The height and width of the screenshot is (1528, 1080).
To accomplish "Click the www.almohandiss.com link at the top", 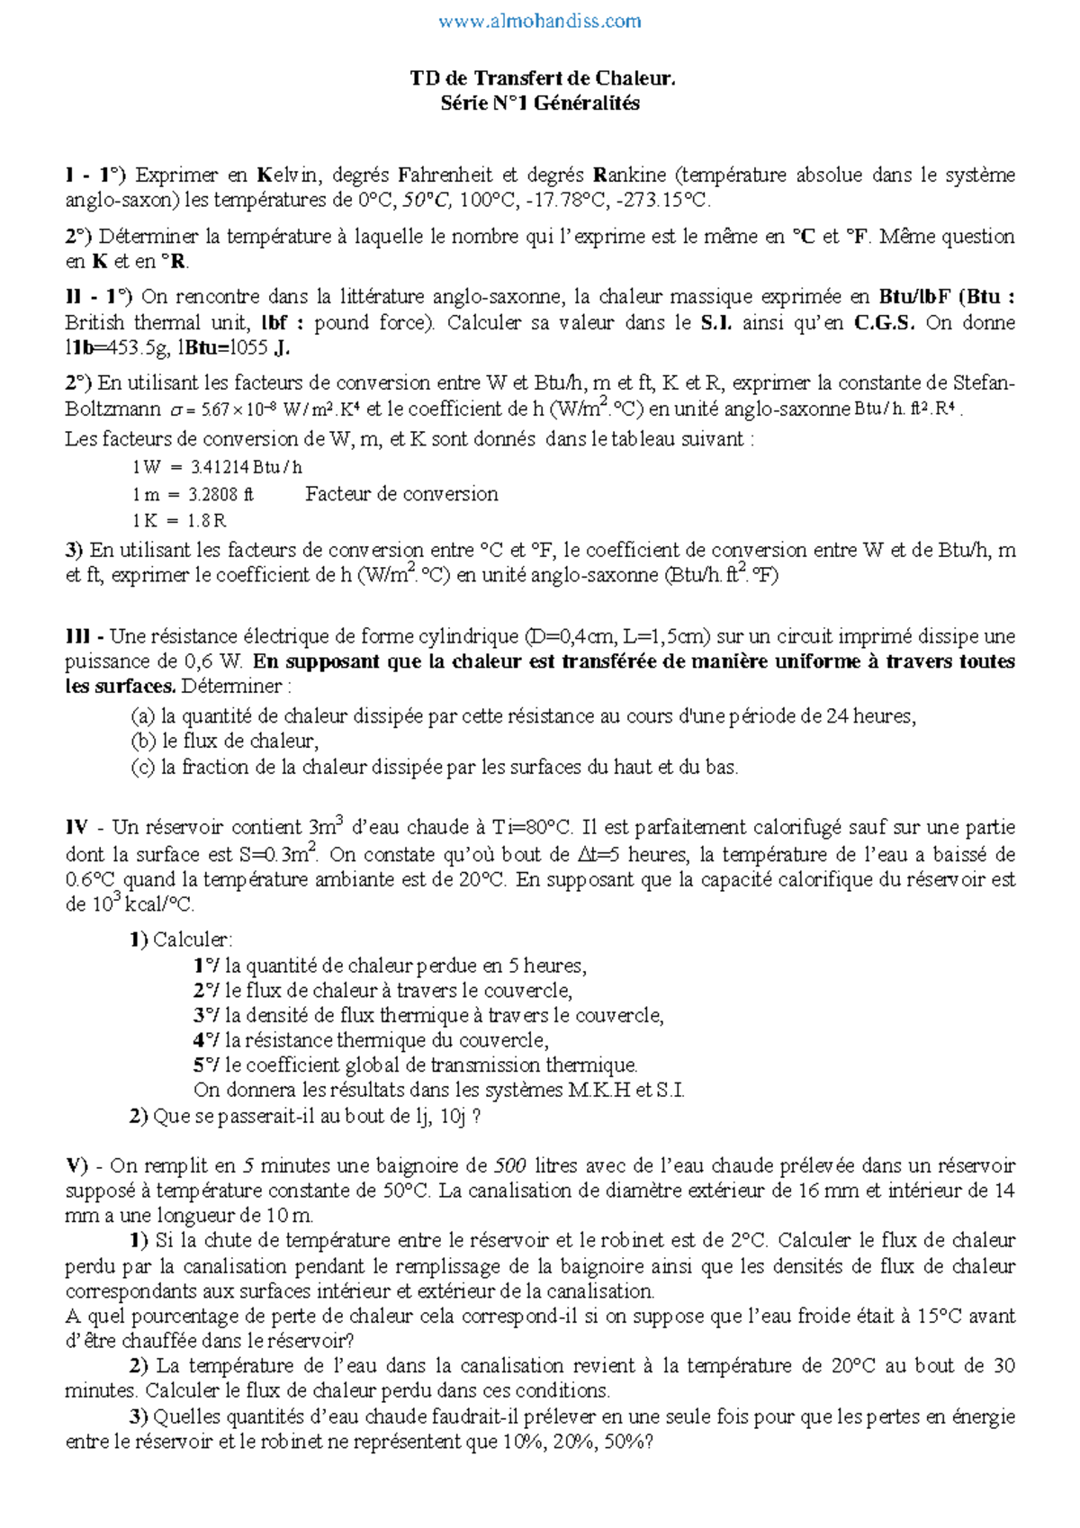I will pyautogui.click(x=540, y=21).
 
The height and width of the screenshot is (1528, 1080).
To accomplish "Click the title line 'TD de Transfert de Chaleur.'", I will pyautogui.click(x=542, y=78).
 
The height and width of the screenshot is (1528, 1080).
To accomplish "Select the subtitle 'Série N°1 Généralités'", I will pyautogui.click(x=540, y=103).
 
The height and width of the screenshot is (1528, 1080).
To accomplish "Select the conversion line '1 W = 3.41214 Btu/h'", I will pyautogui.click(x=217, y=467).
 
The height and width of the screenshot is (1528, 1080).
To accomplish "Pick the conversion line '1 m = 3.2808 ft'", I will pyautogui.click(x=193, y=494).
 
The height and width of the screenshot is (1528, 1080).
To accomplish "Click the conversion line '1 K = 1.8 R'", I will pyautogui.click(x=179, y=521).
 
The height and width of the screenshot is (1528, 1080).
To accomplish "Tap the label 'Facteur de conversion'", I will pyautogui.click(x=401, y=494).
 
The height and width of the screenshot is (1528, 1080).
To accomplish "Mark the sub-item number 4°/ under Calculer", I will pyautogui.click(x=206, y=1041).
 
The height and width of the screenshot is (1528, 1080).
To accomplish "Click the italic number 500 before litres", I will pyautogui.click(x=510, y=1166).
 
